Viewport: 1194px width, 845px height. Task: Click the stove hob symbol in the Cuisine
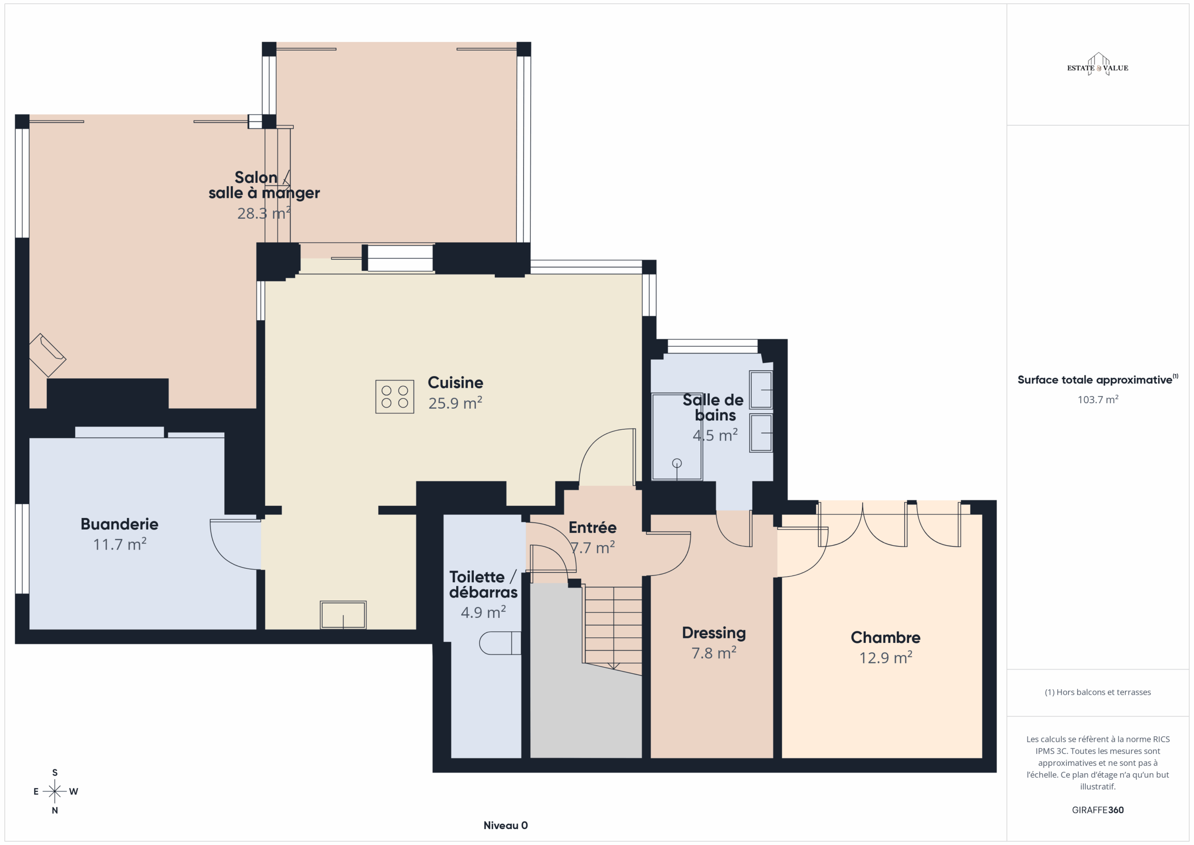tap(395, 397)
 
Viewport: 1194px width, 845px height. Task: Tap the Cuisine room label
tap(455, 383)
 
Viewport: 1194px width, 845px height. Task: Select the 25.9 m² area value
tap(455, 403)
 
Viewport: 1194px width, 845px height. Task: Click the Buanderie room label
tap(119, 524)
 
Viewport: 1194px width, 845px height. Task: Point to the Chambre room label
tap(885, 637)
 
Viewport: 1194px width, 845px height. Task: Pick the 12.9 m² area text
tap(885, 658)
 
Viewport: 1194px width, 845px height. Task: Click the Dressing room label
tap(714, 633)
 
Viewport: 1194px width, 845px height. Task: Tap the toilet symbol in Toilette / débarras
tap(500, 642)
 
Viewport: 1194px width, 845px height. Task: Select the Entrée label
tap(592, 528)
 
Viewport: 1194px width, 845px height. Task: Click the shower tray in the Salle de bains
tap(677, 437)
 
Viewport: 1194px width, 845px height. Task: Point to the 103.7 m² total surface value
tap(1097, 399)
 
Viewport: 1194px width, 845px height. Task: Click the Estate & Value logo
tap(1097, 65)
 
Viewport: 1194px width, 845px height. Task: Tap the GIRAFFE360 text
tap(1097, 810)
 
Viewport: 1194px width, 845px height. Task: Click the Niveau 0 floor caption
tap(506, 825)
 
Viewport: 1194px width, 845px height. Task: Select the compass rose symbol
tap(55, 791)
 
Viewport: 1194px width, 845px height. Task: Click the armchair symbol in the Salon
tap(47, 355)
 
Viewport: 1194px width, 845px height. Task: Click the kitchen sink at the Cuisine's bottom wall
tap(343, 615)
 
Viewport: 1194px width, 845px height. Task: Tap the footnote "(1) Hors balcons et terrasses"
tap(1097, 692)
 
